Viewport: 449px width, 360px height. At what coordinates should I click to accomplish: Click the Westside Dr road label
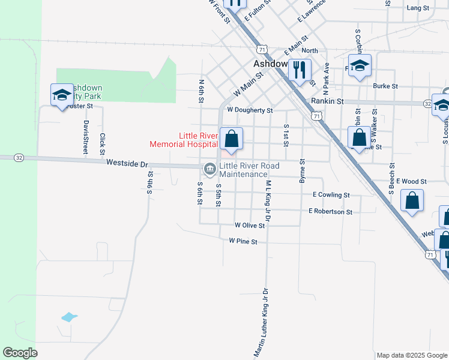[127, 163]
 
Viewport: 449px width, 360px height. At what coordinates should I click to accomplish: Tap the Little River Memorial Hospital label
[183, 140]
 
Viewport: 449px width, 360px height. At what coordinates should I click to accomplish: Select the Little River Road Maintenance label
[243, 170]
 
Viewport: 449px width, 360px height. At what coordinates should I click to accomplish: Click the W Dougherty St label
[250, 110]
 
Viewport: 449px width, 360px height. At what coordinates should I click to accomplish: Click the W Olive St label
[250, 225]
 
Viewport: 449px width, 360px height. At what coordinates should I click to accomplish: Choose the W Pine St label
[243, 241]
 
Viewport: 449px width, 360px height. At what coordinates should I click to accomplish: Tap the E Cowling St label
[331, 195]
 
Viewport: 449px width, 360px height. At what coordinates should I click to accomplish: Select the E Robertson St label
[330, 211]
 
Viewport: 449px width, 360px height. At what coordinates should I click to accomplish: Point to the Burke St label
[385, 86]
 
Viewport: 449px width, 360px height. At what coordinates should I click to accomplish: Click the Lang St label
[418, 8]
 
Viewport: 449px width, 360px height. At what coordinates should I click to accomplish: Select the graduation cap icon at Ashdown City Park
[62, 95]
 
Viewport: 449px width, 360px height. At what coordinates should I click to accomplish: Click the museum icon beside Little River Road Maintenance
[209, 169]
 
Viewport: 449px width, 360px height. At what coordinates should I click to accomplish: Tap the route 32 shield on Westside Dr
[19, 157]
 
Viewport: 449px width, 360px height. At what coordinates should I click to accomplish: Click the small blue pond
[69, 317]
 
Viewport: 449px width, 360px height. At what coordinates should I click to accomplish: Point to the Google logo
[20, 353]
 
